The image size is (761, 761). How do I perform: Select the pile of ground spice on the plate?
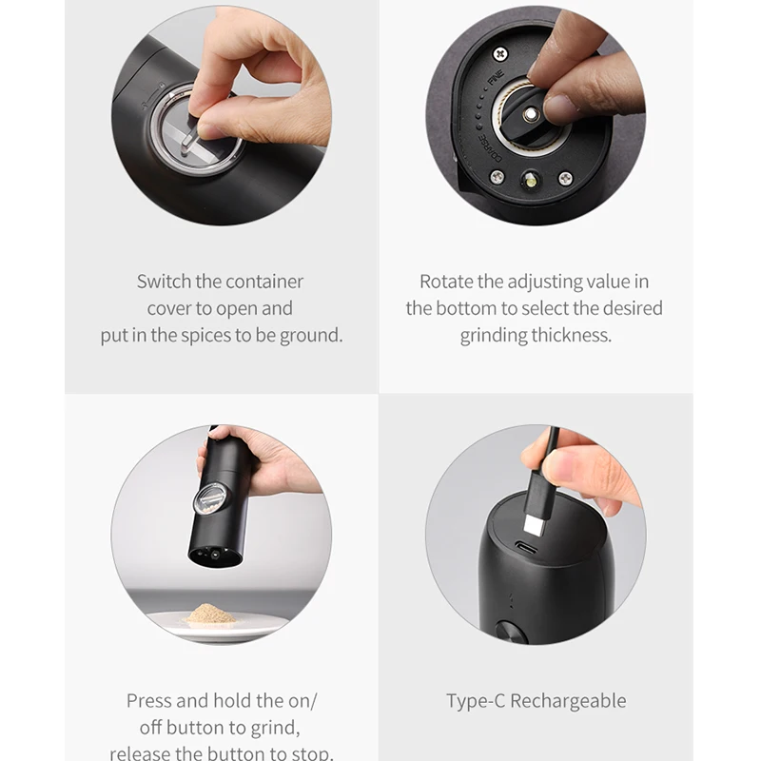pos(211,614)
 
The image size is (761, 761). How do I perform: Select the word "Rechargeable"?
pos(568,701)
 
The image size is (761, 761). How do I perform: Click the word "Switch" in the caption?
pos(164,282)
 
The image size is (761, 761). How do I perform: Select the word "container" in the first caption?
pos(264,282)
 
